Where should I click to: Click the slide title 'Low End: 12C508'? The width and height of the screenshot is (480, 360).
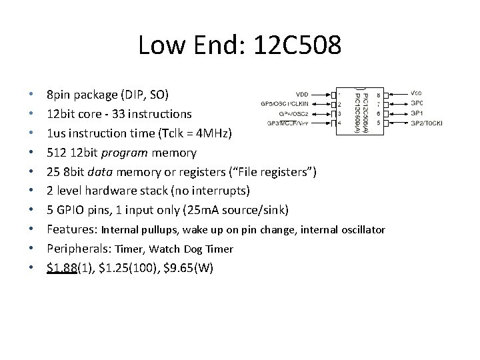240,46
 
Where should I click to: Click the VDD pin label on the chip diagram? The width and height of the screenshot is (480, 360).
301,93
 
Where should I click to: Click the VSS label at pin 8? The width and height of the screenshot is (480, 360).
417,93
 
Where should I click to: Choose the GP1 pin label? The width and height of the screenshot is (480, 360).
417,113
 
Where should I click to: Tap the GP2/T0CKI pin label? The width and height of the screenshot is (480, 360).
426,123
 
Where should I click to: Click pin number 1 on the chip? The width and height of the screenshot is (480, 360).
339,94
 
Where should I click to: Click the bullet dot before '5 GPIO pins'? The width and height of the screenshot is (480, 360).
32,211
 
